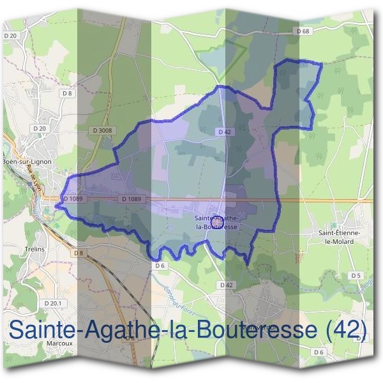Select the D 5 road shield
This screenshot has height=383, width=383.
356,275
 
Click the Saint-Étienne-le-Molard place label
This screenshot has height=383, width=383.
340,237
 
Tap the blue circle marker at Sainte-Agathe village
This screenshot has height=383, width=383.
217,223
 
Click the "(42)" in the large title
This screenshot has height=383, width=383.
346,329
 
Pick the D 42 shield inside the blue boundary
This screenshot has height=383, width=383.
223,131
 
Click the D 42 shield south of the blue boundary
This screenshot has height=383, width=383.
224,285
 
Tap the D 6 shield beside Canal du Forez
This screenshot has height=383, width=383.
160,265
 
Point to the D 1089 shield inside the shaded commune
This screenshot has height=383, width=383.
130,199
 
